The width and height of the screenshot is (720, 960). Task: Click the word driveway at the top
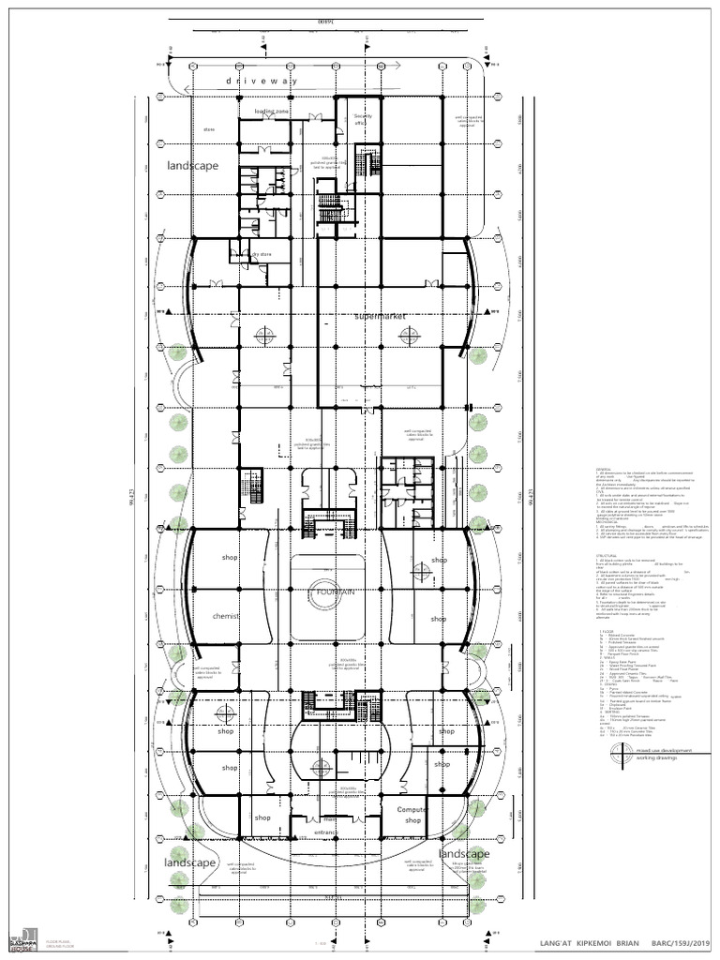click(262, 82)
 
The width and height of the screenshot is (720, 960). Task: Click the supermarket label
click(380, 317)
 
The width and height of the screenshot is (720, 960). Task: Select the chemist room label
click(227, 616)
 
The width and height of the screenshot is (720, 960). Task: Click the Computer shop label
click(412, 815)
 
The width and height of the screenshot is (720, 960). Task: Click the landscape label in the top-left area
click(193, 166)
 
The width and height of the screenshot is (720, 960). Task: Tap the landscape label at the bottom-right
click(464, 854)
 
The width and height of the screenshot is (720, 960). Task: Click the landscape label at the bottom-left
click(190, 862)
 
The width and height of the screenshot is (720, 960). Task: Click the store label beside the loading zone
click(209, 129)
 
